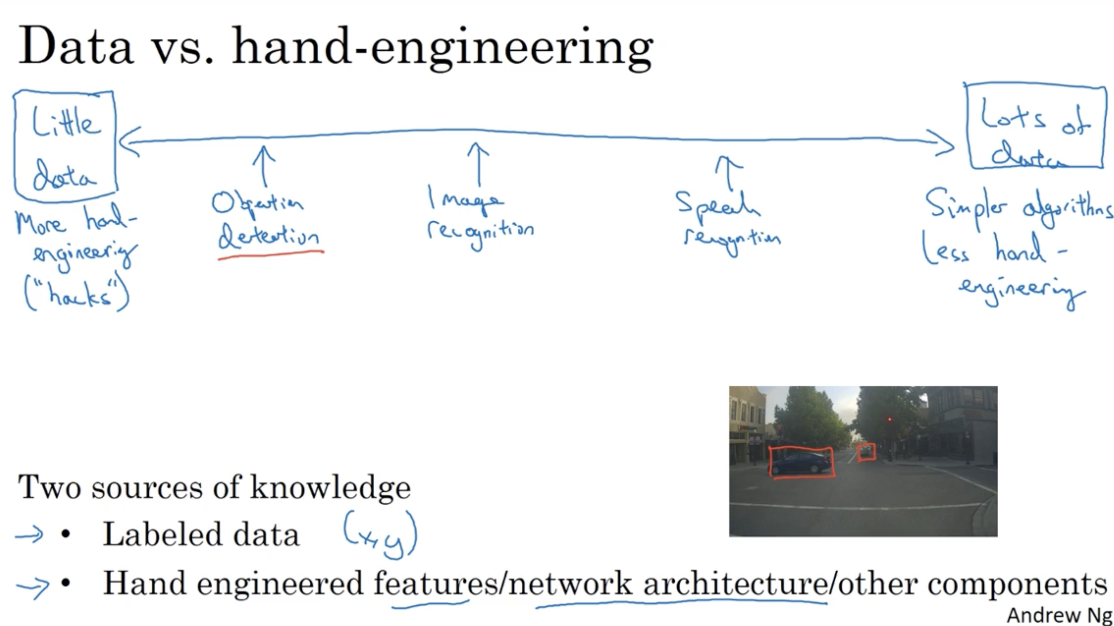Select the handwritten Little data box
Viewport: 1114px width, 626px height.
point(65,146)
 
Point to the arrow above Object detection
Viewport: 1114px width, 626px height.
point(263,166)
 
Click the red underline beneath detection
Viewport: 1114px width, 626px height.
point(271,254)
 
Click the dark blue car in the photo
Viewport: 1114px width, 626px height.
point(800,463)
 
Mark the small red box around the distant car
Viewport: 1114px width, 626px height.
point(866,452)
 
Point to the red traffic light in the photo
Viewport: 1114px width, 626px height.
point(889,420)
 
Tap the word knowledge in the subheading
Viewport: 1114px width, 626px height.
point(331,488)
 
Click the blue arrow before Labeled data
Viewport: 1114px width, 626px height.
point(29,535)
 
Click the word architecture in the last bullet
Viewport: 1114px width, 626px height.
point(735,584)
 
